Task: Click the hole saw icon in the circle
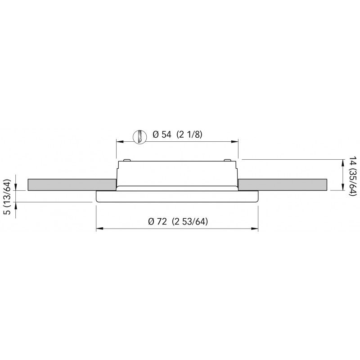click(140, 137)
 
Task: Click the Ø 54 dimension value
click(162, 135)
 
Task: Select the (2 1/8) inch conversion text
click(189, 135)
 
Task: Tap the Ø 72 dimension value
click(157, 221)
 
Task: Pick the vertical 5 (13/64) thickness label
click(8, 193)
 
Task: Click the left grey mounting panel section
click(72, 184)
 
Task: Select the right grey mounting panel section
click(283, 184)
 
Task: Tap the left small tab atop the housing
click(127, 160)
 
